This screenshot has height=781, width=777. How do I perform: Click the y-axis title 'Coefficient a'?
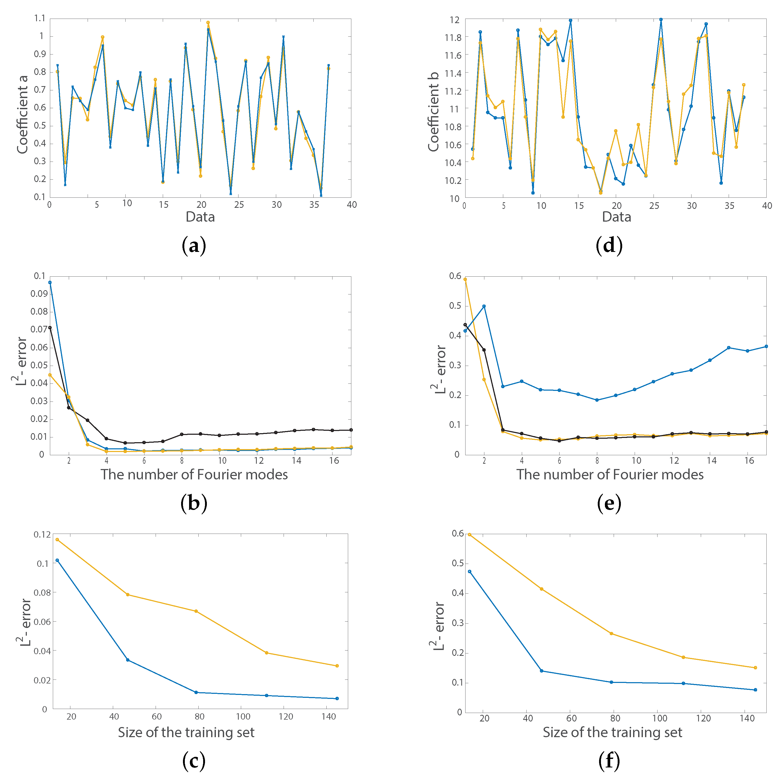[22, 115]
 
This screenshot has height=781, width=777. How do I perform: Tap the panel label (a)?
[194, 245]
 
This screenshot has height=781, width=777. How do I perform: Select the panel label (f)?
[609, 761]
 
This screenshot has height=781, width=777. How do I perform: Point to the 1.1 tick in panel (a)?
[40, 18]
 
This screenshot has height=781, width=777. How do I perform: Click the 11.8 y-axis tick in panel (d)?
[452, 37]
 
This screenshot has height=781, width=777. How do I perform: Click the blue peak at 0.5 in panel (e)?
[484, 306]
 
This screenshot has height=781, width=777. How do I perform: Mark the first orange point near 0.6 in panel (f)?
[469, 534]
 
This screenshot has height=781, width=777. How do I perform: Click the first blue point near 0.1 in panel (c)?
[57, 560]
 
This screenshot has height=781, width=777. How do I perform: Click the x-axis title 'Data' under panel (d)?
[616, 217]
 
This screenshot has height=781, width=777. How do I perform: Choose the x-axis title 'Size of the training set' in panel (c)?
[186, 732]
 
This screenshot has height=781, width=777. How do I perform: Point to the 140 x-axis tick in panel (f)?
[747, 718]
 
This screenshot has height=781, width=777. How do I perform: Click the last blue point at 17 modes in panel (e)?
[766, 347]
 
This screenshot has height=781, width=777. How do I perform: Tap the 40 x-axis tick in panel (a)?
[352, 205]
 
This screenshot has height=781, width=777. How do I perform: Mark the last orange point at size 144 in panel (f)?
[755, 668]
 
